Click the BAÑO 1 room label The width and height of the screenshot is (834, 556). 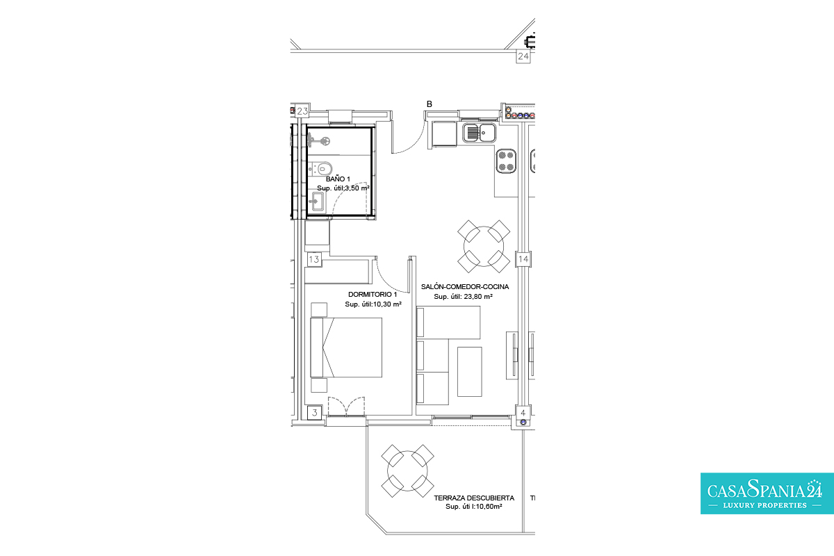coord(338,179)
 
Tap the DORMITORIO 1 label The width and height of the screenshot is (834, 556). coord(373,294)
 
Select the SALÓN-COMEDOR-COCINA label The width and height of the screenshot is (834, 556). coord(465,287)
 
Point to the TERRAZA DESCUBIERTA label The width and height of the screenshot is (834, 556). coord(474,498)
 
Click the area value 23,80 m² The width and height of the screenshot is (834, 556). coord(477,297)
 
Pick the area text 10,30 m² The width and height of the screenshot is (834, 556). coord(387,304)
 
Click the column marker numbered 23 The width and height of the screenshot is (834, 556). coord(302,111)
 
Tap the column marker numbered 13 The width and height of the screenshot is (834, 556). coord(314,259)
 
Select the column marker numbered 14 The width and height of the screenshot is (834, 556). coord(523,259)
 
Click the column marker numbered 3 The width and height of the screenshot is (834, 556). coord(315,413)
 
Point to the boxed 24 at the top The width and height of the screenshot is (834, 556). coord(523,56)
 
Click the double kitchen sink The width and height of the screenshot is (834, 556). coord(480,132)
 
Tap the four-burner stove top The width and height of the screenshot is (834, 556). coord(506,161)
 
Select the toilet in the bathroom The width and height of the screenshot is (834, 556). coord(320,170)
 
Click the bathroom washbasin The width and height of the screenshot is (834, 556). coord(318,202)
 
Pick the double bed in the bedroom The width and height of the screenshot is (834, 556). coord(346,347)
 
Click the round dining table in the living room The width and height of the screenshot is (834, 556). coord(484,246)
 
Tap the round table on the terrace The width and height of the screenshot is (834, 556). coord(407,471)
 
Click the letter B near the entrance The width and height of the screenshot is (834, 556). coord(430,104)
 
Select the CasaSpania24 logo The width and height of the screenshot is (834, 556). coord(767,493)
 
